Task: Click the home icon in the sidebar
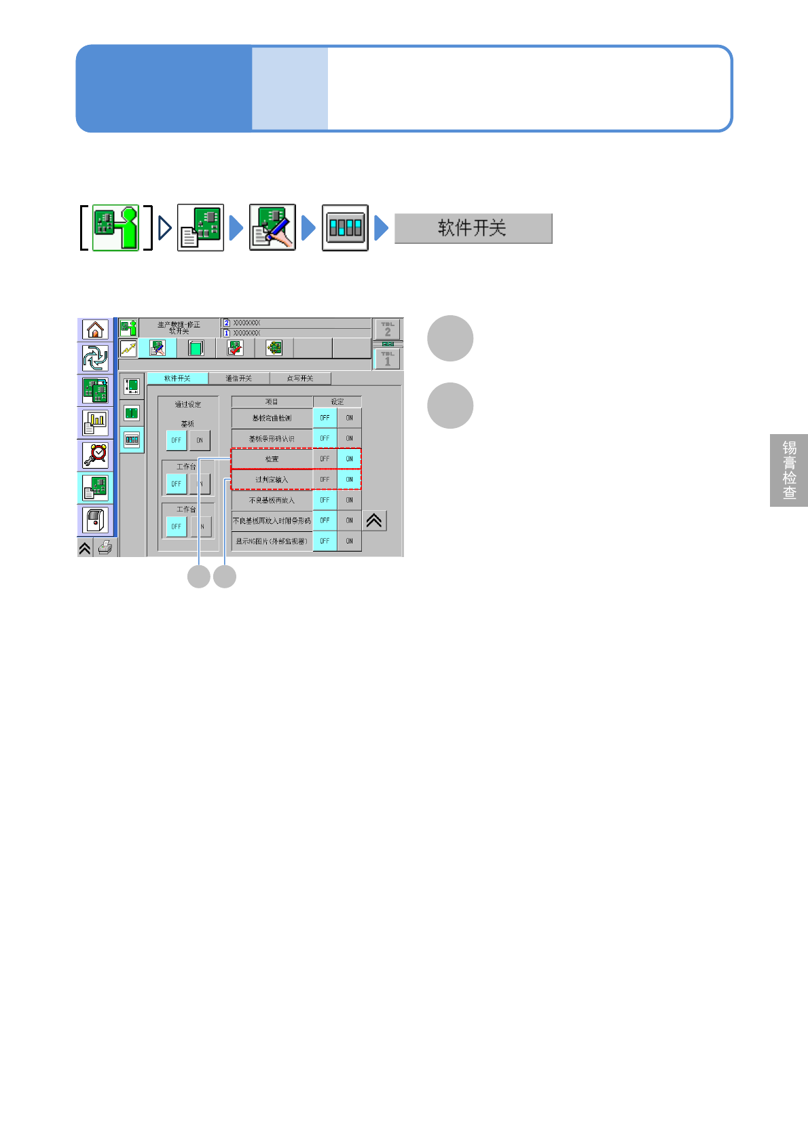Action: [x=95, y=329]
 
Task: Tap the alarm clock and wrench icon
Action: [x=95, y=455]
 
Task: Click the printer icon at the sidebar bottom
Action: [x=105, y=548]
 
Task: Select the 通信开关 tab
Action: [x=238, y=378]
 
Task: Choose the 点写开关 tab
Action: [x=300, y=378]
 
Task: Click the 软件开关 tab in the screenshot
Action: [x=177, y=378]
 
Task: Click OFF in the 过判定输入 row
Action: [x=325, y=480]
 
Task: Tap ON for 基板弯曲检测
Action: [x=349, y=418]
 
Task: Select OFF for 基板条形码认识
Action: [x=325, y=438]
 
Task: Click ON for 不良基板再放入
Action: [x=349, y=500]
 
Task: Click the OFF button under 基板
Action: [x=176, y=440]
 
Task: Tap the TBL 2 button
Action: [x=388, y=329]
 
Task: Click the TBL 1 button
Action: [x=388, y=359]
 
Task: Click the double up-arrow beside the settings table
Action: [x=374, y=521]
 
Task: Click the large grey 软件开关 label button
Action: [x=473, y=228]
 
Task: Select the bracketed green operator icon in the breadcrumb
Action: [x=115, y=228]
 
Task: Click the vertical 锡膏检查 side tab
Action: [x=789, y=470]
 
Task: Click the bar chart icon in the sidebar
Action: [x=95, y=423]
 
